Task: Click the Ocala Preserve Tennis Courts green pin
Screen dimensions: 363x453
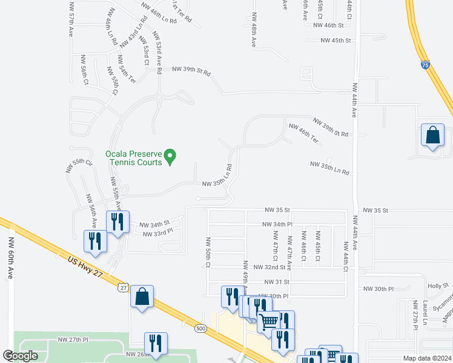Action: (171, 157)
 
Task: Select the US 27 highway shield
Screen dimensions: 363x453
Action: (123, 289)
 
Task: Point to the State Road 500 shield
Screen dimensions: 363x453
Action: (200, 328)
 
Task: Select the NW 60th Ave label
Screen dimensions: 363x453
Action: (11, 258)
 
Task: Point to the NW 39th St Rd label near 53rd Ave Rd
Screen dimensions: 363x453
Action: (191, 72)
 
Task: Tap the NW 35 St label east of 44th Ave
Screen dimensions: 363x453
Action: (375, 210)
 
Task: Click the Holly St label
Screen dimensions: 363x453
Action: (434, 286)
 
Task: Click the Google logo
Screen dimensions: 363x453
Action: (20, 356)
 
